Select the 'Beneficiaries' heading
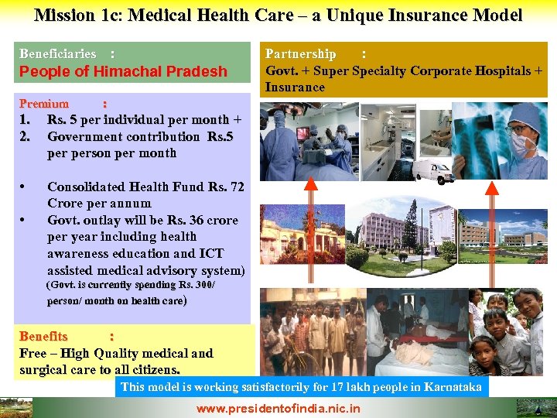pos(58,54)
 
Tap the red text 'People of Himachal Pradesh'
pos(123,71)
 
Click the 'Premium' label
pos(44,104)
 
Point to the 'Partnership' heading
pos(301,54)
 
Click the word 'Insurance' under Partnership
pos(295,87)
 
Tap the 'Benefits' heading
pos(43,337)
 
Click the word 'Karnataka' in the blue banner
pos(453,386)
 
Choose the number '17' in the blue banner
pos(341,386)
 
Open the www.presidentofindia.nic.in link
pos(278,408)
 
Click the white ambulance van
pos(432,172)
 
